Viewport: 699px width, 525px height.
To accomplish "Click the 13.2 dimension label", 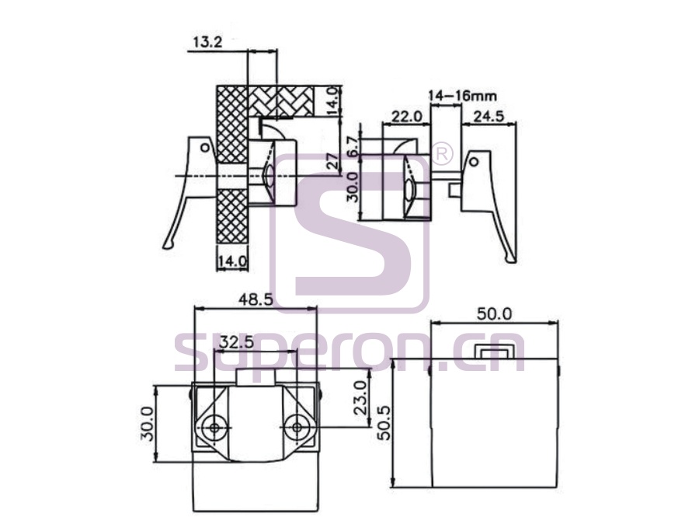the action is (x=207, y=43).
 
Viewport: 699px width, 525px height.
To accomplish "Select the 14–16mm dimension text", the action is (x=462, y=96).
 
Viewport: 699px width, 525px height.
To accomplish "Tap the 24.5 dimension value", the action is (x=489, y=117).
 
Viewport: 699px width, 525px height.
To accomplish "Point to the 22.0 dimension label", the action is (x=406, y=117).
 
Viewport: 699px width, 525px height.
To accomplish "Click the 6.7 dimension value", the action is (x=353, y=147).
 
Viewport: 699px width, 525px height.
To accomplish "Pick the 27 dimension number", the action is (x=332, y=161).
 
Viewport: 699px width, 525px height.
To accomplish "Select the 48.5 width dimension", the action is (x=256, y=299).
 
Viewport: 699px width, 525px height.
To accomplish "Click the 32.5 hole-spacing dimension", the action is (x=237, y=342).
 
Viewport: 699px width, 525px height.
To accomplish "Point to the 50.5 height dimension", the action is (x=384, y=423).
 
